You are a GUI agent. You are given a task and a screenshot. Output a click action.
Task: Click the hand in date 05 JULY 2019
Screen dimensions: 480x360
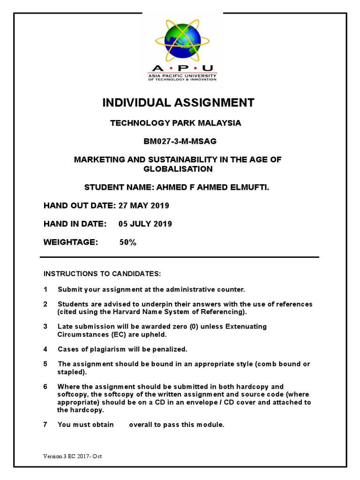pyautogui.click(x=145, y=224)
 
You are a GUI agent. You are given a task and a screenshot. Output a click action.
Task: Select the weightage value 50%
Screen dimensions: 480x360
pyautogui.click(x=127, y=242)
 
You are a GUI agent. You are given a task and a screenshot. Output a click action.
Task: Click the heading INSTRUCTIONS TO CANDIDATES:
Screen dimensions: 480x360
pyautogui.click(x=102, y=273)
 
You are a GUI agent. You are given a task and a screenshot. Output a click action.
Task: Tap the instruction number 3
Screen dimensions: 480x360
pyautogui.click(x=45, y=326)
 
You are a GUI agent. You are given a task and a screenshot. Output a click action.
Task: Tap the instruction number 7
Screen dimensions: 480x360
pyautogui.click(x=45, y=425)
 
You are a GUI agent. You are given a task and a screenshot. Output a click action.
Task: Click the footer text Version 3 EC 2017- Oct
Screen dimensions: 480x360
pyautogui.click(x=72, y=456)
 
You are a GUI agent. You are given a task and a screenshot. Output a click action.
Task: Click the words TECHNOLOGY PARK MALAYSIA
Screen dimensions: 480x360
pyautogui.click(x=176, y=123)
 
